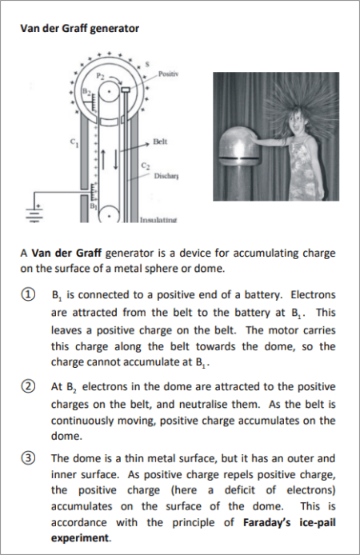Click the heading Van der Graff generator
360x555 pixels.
coord(80,28)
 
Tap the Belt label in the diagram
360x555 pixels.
coord(160,142)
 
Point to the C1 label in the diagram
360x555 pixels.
coord(74,142)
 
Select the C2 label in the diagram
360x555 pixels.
coord(146,166)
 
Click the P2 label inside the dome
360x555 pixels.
coord(101,76)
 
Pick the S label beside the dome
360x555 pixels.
coord(148,65)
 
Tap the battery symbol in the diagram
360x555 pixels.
coord(34,214)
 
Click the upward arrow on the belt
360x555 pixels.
coord(103,159)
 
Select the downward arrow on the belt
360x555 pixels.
coord(115,159)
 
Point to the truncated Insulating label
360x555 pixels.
coord(158,220)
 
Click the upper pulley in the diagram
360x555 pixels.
coord(110,92)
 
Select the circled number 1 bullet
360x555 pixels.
coord(28,294)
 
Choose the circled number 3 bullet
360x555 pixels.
coord(28,458)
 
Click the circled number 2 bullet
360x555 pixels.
coord(28,386)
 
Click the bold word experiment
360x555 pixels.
coord(80,538)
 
